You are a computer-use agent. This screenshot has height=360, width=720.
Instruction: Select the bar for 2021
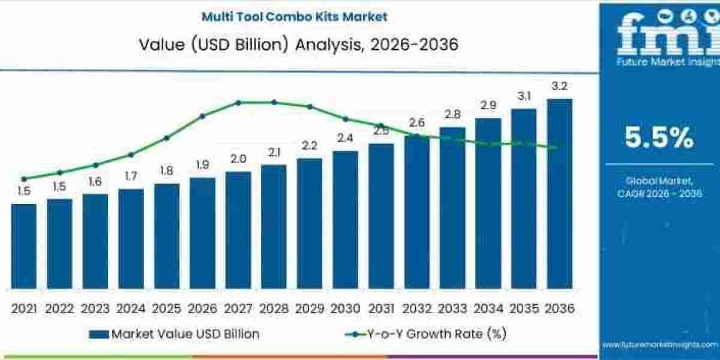[23, 246]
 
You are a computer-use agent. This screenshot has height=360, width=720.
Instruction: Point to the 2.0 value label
[238, 159]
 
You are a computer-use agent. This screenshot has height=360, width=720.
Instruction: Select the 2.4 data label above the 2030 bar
[345, 138]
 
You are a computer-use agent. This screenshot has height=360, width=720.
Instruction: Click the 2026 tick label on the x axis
[202, 308]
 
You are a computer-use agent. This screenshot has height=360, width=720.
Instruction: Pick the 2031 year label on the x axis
[381, 308]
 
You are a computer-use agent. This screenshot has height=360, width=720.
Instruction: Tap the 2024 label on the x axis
[131, 308]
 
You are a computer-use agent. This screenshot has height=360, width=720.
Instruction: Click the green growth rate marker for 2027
[238, 103]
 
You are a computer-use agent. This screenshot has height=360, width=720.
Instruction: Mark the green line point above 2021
[23, 179]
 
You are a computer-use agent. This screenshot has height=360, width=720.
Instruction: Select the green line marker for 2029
[310, 107]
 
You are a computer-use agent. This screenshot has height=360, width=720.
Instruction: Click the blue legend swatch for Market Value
[98, 334]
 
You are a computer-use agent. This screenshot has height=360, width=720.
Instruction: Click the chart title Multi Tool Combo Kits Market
[295, 16]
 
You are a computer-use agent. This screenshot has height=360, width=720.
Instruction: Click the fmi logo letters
[659, 36]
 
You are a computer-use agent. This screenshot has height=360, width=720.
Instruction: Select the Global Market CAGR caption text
[659, 187]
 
